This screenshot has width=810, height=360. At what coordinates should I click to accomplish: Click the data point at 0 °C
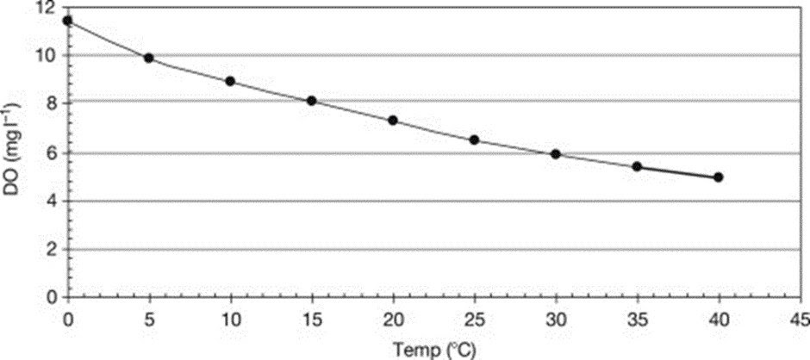[x=67, y=20]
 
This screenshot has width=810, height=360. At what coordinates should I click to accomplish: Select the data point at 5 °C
[x=148, y=58]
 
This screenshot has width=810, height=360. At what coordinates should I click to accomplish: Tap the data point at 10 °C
[x=230, y=81]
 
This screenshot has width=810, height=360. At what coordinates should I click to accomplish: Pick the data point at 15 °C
[x=311, y=101]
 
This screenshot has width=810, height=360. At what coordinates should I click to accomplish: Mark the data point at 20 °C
[x=393, y=121]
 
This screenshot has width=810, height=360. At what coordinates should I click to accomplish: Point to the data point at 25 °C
[x=474, y=140]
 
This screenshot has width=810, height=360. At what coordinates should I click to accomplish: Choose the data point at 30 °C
[x=556, y=154]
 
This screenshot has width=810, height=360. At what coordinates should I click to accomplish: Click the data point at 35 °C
[x=637, y=166]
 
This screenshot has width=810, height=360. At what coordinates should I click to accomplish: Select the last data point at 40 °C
[x=719, y=177]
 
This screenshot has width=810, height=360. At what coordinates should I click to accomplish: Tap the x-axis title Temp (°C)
[x=433, y=351]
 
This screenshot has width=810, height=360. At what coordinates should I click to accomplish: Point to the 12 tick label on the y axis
[x=44, y=8]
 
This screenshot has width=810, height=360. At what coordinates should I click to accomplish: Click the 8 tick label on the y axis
[x=50, y=104]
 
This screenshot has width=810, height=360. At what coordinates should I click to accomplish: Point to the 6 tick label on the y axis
[x=50, y=153]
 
